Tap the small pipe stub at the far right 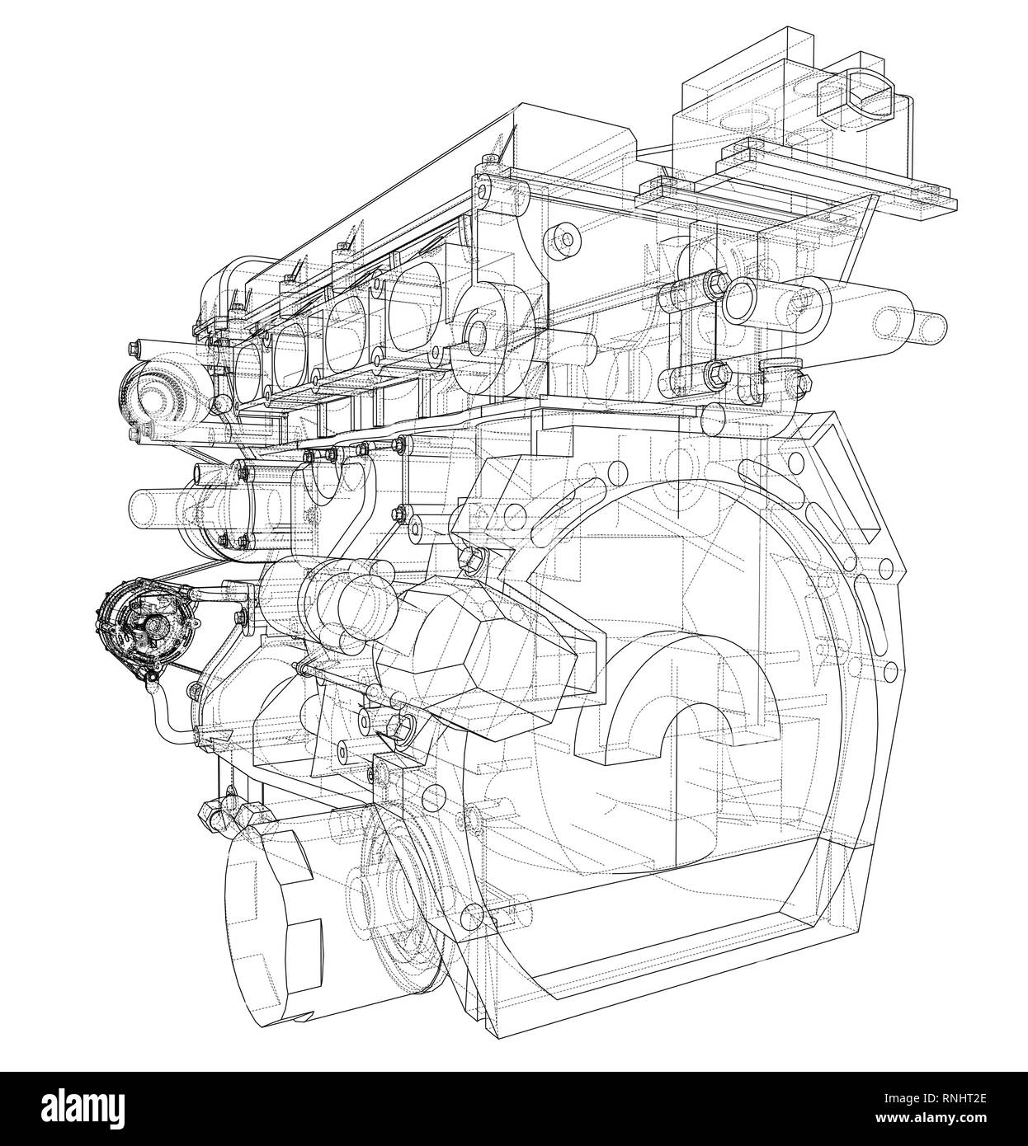click(928, 325)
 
